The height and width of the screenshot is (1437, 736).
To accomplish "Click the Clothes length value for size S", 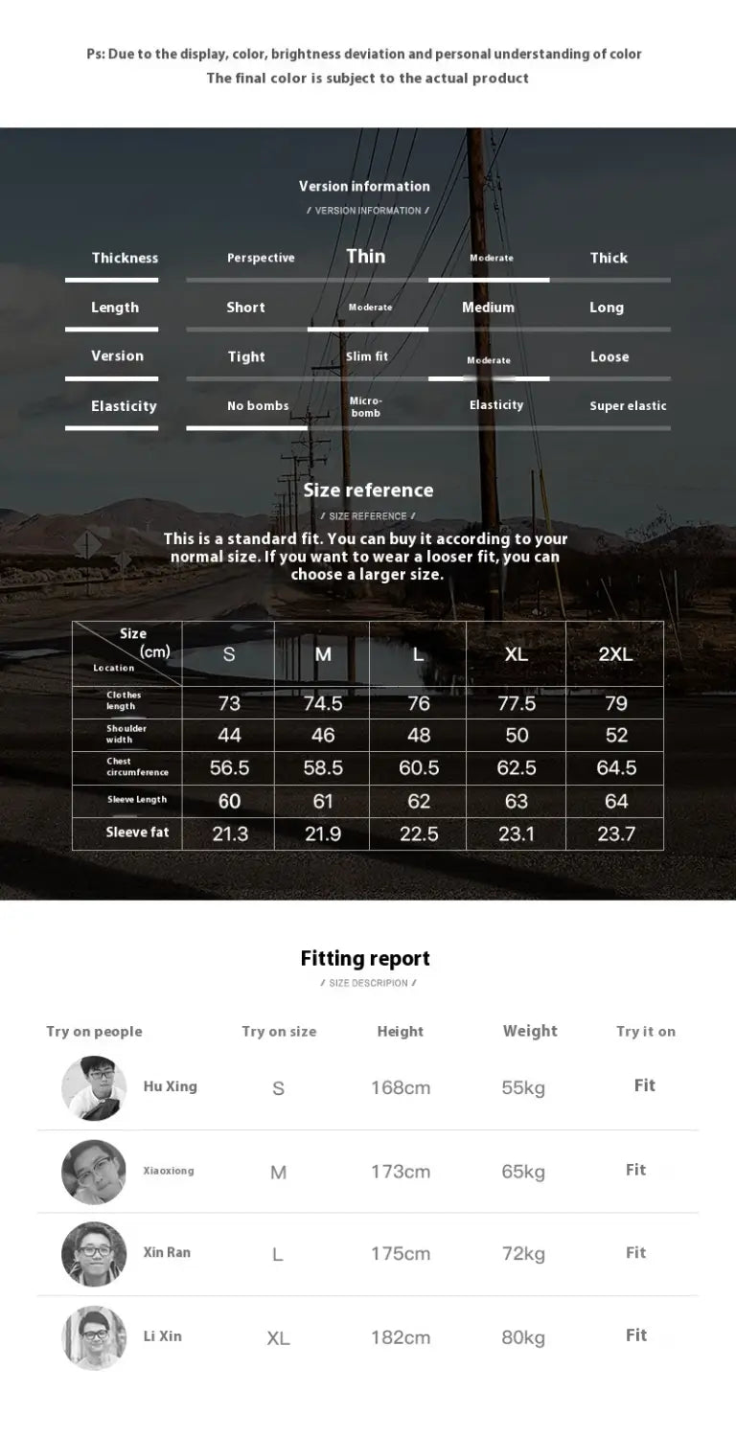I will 229,703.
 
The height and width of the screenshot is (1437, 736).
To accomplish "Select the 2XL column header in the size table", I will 615,654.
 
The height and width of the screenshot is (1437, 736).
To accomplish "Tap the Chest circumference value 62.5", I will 517,768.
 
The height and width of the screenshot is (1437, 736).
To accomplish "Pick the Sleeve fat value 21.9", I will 323,834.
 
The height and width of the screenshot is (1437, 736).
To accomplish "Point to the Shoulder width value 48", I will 419,736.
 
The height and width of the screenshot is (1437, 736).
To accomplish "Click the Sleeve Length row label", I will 137,800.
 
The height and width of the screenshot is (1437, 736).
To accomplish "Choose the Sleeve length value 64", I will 616,802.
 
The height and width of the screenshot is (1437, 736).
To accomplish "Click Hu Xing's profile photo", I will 94,1088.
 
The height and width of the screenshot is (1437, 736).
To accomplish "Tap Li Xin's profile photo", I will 94,1337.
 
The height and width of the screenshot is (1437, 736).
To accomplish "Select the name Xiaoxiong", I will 169,1171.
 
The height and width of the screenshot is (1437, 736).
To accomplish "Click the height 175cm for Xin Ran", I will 401,1254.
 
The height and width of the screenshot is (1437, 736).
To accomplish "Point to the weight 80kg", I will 523,1337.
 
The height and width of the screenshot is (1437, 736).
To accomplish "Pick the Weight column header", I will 530,1031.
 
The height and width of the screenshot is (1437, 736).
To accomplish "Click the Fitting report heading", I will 365,958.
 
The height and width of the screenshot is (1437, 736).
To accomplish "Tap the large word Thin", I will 366,256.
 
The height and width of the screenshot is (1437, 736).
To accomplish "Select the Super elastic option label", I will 628,406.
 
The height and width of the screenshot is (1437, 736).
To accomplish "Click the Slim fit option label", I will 367,356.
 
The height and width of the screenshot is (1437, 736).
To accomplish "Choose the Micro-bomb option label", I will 366,407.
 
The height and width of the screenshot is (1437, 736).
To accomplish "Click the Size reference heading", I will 368,490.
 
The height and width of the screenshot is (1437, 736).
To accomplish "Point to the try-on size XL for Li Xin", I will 278,1338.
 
